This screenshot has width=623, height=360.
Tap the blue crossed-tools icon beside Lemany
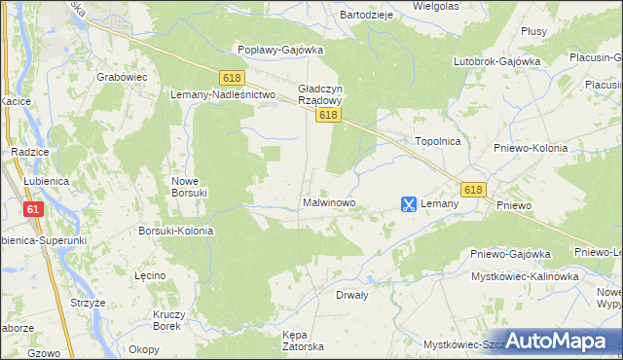409,204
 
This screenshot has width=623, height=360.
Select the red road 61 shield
34,209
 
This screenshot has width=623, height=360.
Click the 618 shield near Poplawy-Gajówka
231,77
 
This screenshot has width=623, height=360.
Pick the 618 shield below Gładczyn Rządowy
327,116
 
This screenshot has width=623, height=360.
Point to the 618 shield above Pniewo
474,190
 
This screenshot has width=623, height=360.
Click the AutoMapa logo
557,341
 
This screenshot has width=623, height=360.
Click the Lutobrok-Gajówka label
496,61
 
